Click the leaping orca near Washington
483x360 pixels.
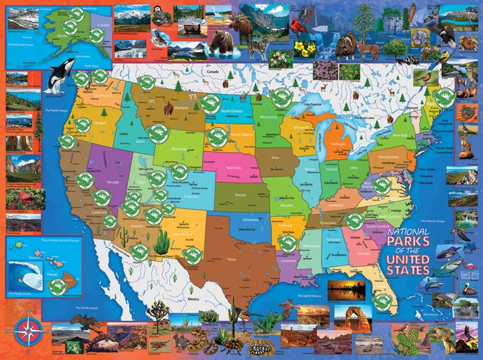[x=56, y=79]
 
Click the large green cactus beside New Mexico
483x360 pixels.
[x=161, y=242]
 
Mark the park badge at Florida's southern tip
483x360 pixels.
[x=379, y=300]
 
